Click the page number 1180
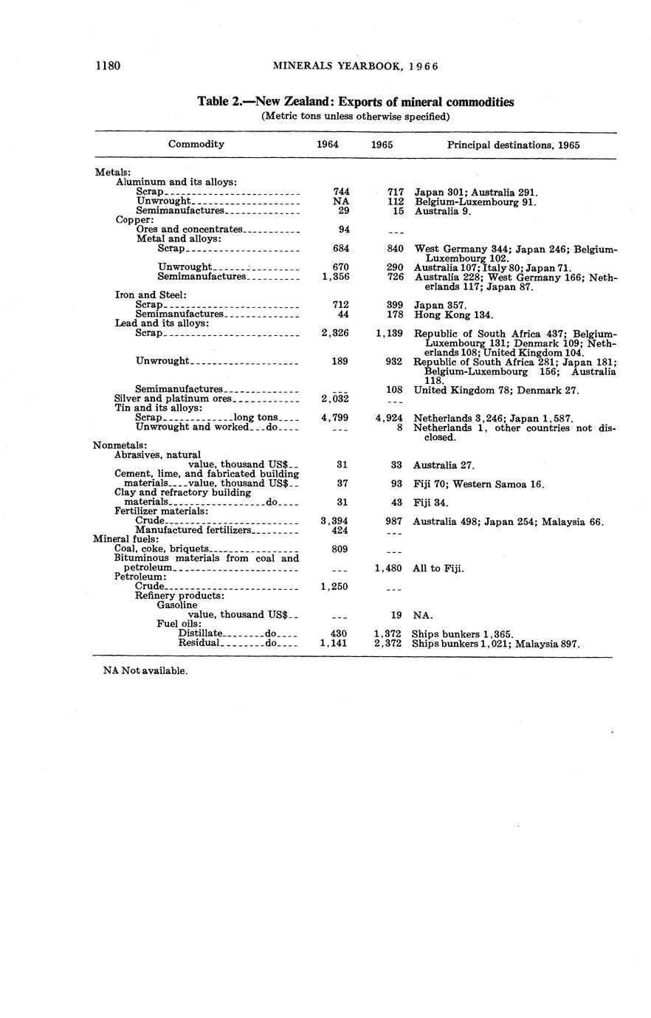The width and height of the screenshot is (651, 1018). click(x=108, y=66)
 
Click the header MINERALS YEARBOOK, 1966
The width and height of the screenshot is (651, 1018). click(x=356, y=66)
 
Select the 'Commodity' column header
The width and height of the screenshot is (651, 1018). click(x=196, y=145)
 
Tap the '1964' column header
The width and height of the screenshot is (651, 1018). click(x=328, y=145)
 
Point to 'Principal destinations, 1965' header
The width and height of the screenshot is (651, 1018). click(x=513, y=145)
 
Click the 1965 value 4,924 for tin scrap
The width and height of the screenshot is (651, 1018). click(x=388, y=418)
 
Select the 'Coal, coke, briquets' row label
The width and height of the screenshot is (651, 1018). click(x=163, y=549)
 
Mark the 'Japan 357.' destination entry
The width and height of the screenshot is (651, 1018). click(x=440, y=305)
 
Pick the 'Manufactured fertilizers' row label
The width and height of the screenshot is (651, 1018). click(x=194, y=530)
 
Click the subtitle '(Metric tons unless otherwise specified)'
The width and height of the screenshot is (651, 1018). click(x=356, y=117)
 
